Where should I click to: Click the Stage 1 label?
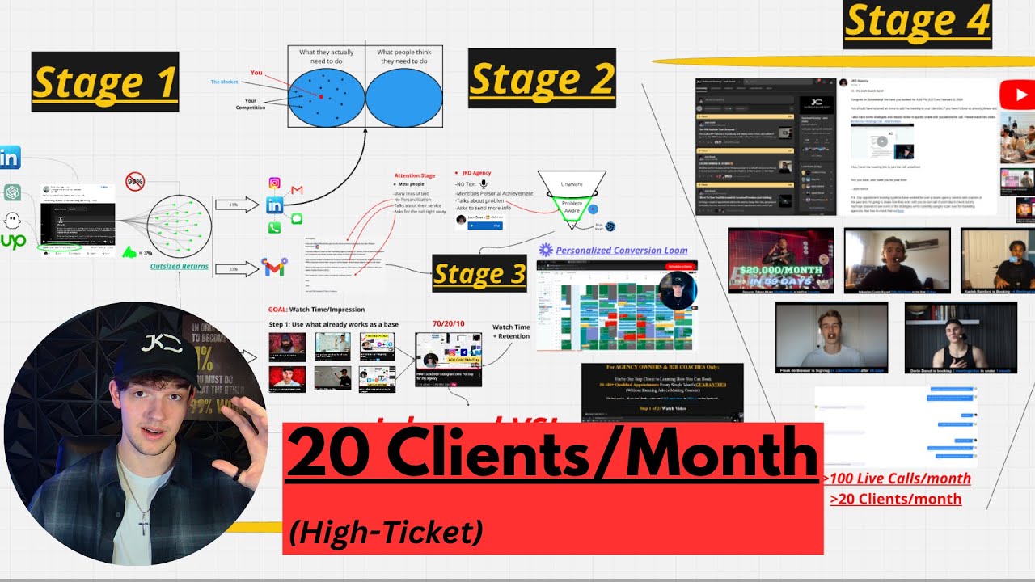[x=104, y=81]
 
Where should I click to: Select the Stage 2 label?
[x=542, y=78]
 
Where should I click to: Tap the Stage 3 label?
[x=479, y=273]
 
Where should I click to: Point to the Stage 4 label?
[x=917, y=23]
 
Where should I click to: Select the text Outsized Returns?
[x=179, y=266]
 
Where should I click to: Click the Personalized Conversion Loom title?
[x=621, y=251]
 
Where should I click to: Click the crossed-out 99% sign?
[x=135, y=182]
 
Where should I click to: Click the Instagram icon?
[x=274, y=183]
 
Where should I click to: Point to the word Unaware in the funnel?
[x=572, y=184]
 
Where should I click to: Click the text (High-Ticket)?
[x=385, y=532]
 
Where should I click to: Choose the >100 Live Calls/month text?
[x=896, y=479]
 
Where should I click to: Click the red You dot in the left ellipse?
[x=321, y=96]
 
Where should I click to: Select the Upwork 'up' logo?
[x=12, y=240]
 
